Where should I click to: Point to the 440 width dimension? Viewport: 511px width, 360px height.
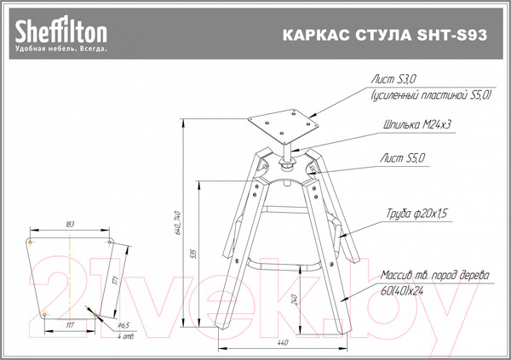pyautogui.click(x=281, y=342)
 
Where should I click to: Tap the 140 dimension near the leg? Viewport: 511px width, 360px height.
pyautogui.click(x=294, y=300)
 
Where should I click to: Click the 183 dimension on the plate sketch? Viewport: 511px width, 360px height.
pyautogui.click(x=71, y=224)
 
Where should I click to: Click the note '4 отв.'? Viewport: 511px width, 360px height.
pyautogui.click(x=125, y=336)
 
